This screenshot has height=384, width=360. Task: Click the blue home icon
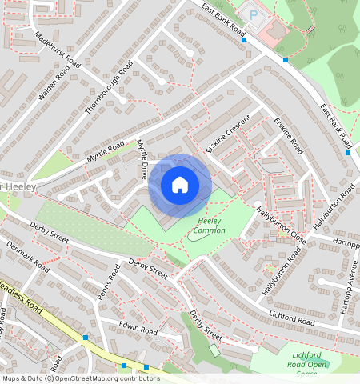[180, 186]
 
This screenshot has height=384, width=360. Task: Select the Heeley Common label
[210, 226]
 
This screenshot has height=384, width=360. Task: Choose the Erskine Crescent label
[229, 134]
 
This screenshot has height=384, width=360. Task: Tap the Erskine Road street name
[288, 135]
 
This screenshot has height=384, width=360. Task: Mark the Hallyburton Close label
[282, 226]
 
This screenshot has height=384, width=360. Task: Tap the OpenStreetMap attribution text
[80, 378]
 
